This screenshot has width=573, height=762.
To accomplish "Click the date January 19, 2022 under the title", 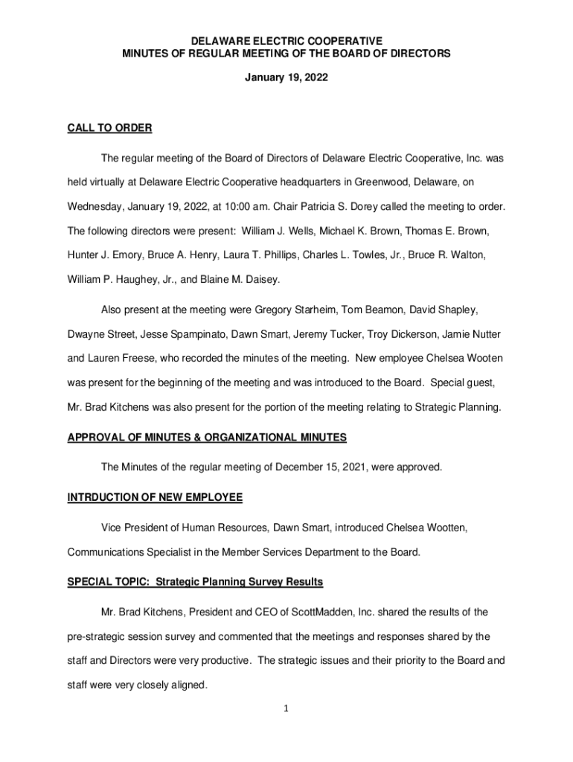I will [x=286, y=77].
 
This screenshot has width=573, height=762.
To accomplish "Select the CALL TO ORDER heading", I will [x=109, y=128].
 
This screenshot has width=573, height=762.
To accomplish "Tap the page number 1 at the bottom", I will [x=285, y=708].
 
